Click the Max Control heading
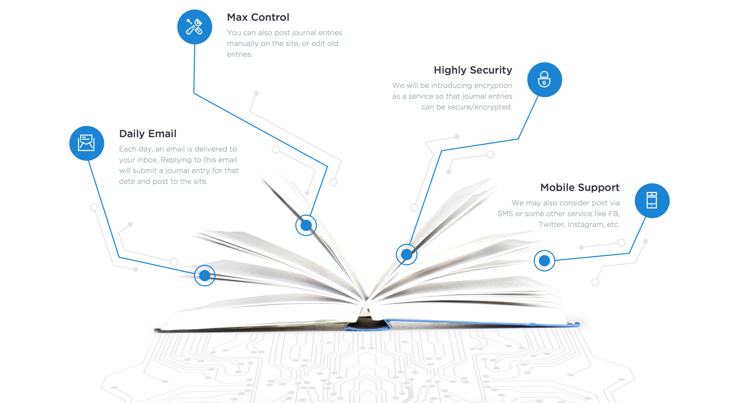[x=258, y=17]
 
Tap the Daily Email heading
[x=148, y=134]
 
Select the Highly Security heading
[x=472, y=70]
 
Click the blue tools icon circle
[x=195, y=27]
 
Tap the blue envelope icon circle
[x=86, y=143]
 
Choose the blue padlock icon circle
[x=544, y=80]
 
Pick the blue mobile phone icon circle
[x=652, y=200]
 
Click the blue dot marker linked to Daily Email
[x=205, y=275]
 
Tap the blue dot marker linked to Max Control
[x=306, y=225]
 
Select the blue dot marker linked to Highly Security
[x=406, y=254]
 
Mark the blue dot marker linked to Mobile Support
[x=544, y=260]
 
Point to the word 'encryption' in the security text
[x=493, y=86]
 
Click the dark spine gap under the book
[x=366, y=325]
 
